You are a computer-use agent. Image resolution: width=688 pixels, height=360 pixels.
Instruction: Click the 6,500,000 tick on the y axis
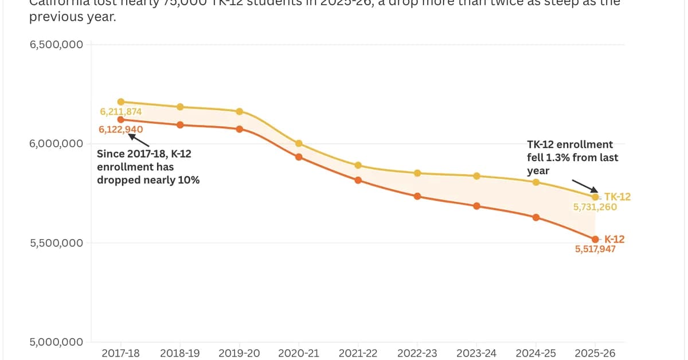click(56, 45)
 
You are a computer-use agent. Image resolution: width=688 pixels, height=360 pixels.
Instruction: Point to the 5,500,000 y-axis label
click(56, 242)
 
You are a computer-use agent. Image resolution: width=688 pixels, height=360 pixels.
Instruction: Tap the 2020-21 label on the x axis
click(298, 353)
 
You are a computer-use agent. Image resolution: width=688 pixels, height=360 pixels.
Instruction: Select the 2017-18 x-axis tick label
click(120, 353)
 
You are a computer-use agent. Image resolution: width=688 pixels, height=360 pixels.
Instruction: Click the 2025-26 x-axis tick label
click(595, 353)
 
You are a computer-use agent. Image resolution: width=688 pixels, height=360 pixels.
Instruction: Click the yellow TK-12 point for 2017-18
click(120, 101)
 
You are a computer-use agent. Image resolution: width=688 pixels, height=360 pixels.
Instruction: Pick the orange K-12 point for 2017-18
click(120, 119)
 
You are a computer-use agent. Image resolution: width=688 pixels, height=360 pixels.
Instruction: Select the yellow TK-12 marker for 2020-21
click(299, 143)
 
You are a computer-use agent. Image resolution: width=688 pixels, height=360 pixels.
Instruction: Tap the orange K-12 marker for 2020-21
click(299, 156)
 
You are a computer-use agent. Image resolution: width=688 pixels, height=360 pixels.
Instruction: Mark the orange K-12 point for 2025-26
click(595, 239)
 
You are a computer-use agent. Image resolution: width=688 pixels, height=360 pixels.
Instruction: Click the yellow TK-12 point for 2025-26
click(595, 197)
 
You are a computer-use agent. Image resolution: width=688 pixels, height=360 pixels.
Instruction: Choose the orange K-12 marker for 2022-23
click(417, 196)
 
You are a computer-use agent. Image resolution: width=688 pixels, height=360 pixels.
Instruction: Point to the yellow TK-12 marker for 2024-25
click(536, 182)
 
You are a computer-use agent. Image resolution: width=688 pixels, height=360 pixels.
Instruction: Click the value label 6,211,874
click(120, 111)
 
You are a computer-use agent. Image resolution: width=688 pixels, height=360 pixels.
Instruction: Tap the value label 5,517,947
click(595, 249)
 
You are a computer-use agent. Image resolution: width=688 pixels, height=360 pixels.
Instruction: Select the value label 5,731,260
click(595, 207)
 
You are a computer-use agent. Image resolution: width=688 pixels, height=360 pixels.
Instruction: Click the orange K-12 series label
click(614, 239)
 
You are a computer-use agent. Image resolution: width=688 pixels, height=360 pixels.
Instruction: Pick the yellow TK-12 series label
click(617, 197)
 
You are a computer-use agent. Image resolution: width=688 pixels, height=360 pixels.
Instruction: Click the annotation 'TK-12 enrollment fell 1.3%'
click(572, 158)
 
